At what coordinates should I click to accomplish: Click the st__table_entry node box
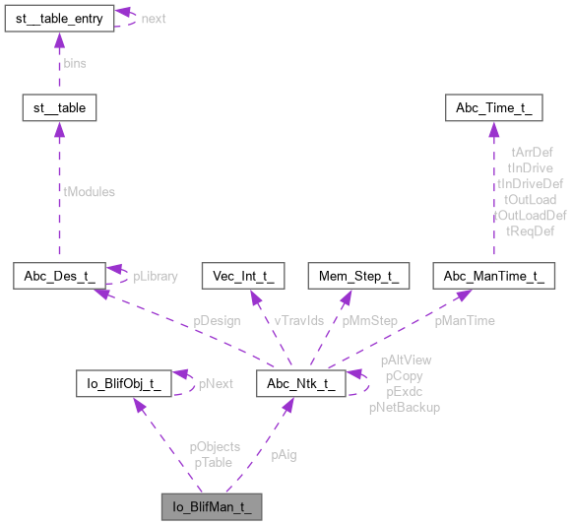(58, 19)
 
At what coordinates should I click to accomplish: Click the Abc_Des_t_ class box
(58, 277)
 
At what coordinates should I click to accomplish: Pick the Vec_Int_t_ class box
(242, 277)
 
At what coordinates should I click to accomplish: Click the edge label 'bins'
(74, 63)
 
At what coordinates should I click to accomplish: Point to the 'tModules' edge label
(89, 192)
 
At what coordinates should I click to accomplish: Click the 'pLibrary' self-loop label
(156, 276)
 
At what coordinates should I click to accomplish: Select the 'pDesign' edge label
(215, 320)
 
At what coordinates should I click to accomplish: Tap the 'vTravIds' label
(298, 320)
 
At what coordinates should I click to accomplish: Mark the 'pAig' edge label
(286, 455)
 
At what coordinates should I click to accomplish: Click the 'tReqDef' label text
(530, 230)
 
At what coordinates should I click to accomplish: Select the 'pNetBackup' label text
(404, 406)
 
